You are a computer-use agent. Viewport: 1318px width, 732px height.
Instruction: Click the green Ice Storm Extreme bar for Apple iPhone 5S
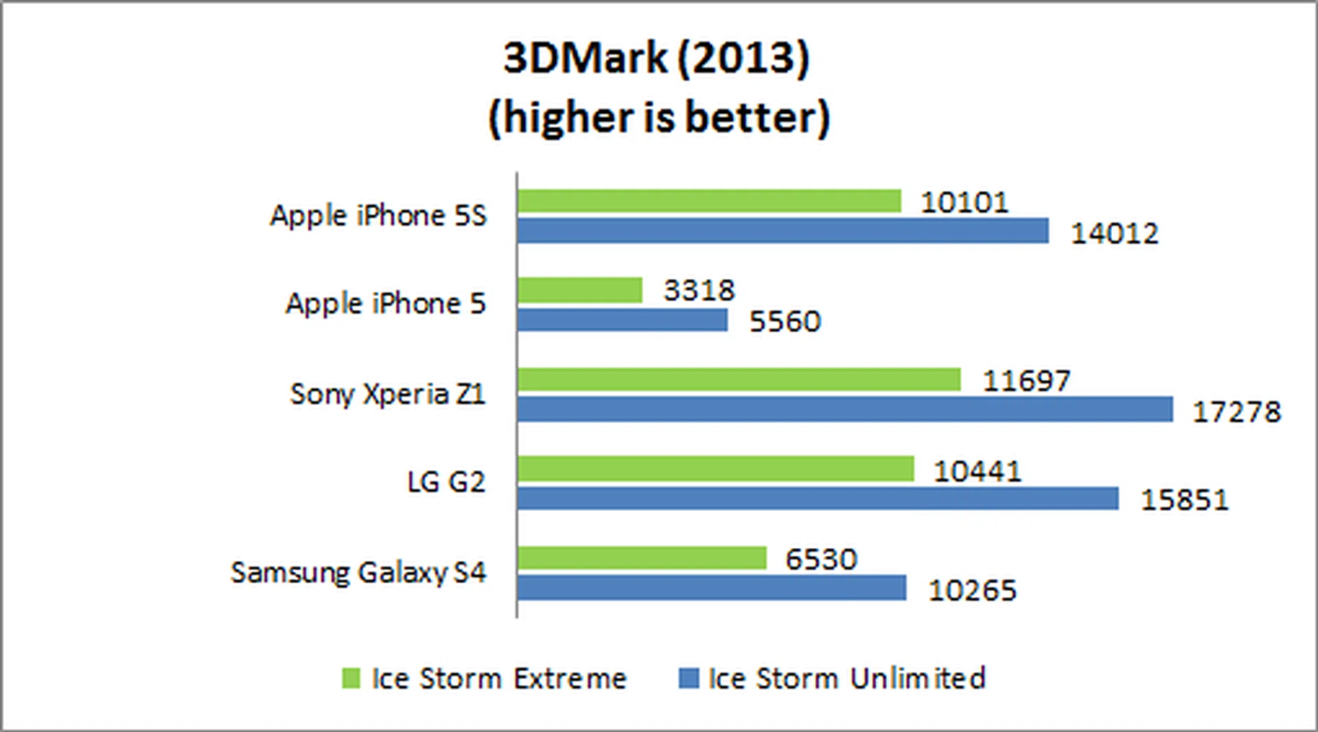708,201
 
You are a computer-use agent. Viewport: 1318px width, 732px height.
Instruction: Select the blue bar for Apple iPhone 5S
783,231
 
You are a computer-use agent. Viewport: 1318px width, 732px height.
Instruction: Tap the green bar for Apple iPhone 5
580,290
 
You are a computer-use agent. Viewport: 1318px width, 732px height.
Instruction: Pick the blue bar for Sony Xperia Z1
844,410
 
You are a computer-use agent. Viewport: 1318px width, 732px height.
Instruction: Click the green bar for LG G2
715,469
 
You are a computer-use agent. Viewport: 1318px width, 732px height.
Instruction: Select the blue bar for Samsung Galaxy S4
711,588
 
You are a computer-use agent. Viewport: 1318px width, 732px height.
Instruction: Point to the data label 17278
1236,412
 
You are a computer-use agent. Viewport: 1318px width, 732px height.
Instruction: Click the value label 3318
699,290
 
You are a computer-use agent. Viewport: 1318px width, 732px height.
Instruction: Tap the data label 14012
1114,234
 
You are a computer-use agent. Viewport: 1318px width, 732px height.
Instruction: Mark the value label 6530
821,559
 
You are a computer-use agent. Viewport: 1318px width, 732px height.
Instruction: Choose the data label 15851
1184,500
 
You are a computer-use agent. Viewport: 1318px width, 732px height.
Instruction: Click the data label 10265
972,591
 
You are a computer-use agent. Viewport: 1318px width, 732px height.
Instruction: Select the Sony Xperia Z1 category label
387,394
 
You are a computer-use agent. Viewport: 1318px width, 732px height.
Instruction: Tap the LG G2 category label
446,482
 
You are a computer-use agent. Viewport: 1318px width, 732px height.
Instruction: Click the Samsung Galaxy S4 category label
358,573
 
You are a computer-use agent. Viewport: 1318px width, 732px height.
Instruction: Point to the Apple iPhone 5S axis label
378,216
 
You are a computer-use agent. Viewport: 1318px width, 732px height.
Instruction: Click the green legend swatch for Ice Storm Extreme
351,678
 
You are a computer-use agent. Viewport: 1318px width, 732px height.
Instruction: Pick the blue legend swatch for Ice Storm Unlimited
689,678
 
